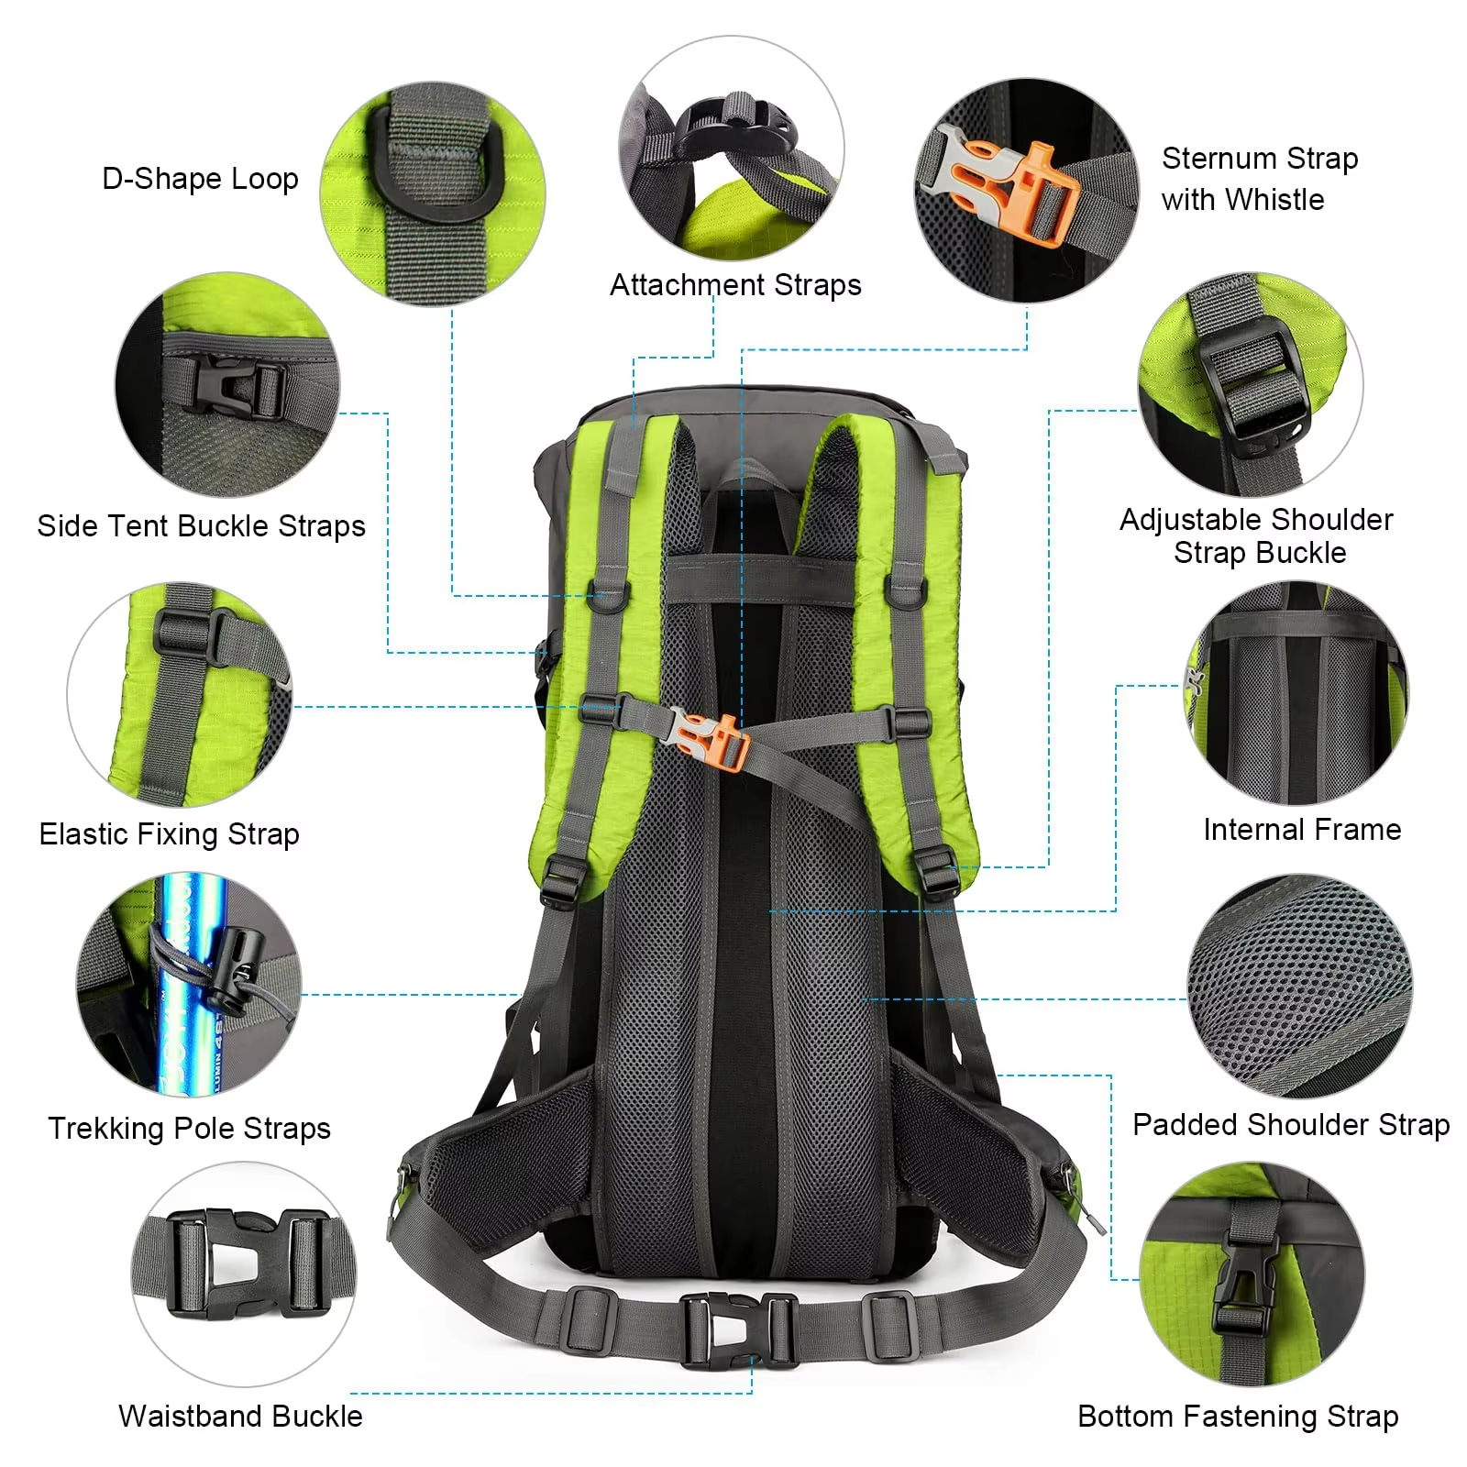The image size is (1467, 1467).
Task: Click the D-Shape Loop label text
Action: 200,178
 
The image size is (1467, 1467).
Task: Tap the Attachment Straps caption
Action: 735,285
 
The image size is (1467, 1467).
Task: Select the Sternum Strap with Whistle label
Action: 1259,179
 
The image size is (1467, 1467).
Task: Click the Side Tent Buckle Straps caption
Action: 201,526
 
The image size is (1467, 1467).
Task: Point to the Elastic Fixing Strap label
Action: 169,834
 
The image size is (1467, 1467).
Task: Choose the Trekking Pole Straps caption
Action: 189,1128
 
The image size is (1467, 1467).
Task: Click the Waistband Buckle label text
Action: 240,1417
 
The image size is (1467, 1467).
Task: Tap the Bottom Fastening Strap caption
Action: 1238,1417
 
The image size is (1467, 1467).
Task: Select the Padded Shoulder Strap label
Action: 1291,1125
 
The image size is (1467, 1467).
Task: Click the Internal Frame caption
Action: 1302,830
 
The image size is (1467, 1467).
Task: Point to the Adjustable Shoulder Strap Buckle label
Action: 1256,536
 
